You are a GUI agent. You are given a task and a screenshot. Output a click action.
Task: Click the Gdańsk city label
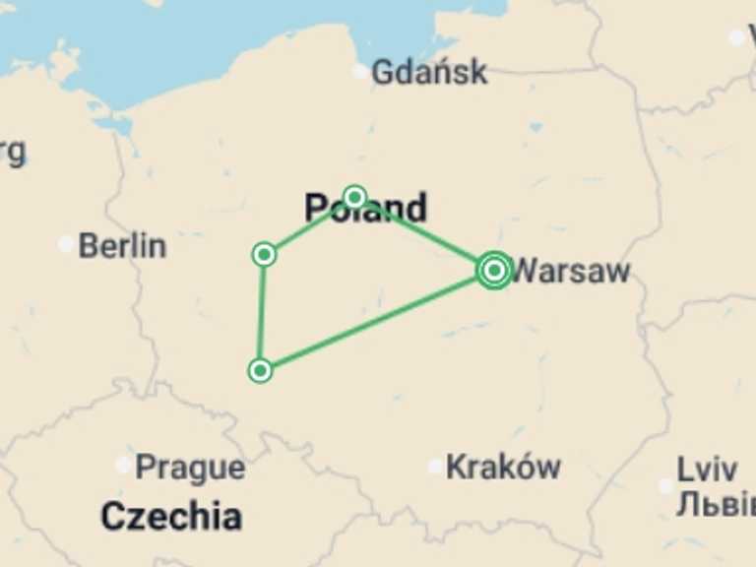[x=429, y=72]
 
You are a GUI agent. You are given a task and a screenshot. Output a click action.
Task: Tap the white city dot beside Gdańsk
[x=360, y=72]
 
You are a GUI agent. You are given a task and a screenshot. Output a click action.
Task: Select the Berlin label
[x=122, y=245]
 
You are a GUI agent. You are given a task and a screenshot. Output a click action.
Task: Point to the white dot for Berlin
[x=66, y=244]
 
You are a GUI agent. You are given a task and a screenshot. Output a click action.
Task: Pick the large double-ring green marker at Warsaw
[x=494, y=270]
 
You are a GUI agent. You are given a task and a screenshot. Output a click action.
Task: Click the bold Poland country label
[x=365, y=209]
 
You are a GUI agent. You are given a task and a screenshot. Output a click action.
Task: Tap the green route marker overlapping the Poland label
[x=354, y=197]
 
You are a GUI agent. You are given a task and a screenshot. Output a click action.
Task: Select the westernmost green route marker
[x=264, y=255]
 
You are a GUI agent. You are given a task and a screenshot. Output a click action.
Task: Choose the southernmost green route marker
[x=260, y=370]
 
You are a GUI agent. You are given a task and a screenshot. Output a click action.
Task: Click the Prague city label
[x=190, y=467]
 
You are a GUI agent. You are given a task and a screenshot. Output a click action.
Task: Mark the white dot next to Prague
[x=123, y=465]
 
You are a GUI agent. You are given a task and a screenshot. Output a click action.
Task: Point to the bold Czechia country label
[x=171, y=515]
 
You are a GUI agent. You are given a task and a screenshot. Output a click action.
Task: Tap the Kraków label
[x=503, y=467]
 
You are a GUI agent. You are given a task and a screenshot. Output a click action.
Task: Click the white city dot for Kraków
[x=435, y=466]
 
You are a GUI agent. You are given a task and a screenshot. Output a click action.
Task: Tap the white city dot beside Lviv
[x=665, y=485]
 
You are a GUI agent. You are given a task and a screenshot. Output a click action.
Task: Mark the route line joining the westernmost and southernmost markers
[x=262, y=313]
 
